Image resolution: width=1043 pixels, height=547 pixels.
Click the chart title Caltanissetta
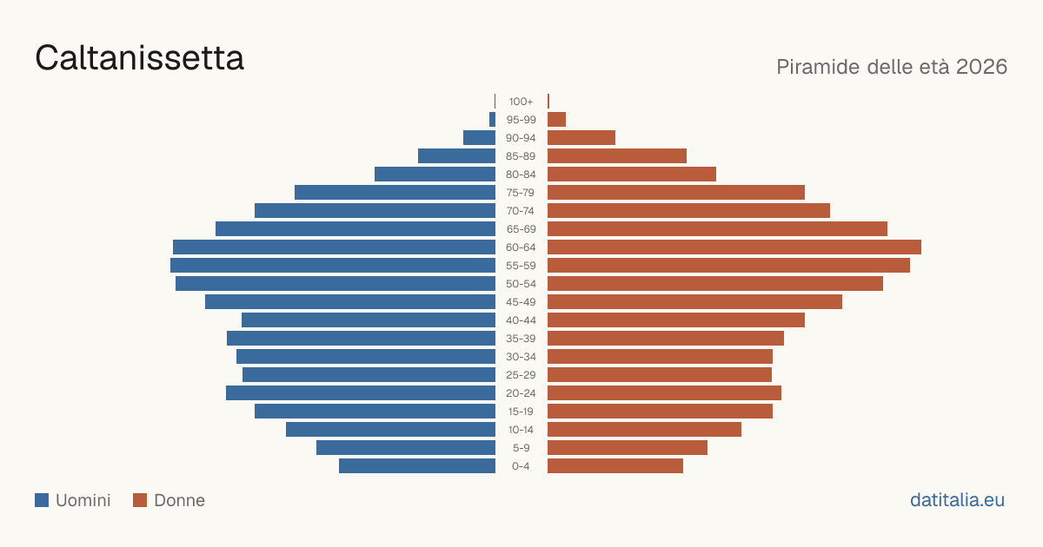pyautogui.click(x=139, y=58)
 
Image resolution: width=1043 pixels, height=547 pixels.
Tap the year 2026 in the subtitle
pyautogui.click(x=981, y=67)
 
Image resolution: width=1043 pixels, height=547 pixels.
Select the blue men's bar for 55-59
pyautogui.click(x=333, y=266)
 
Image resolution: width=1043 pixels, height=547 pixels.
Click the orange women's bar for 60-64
pyautogui.click(x=734, y=247)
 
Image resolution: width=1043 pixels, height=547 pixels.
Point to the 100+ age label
pyautogui.click(x=521, y=102)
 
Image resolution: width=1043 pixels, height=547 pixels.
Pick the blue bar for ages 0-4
pyautogui.click(x=417, y=466)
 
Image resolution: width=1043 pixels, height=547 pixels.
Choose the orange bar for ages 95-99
pyautogui.click(x=557, y=120)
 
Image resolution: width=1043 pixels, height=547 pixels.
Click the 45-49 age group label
pyautogui.click(x=521, y=302)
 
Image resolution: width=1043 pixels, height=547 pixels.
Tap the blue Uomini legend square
pyautogui.click(x=42, y=500)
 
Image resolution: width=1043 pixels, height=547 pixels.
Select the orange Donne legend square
pyautogui.click(x=140, y=500)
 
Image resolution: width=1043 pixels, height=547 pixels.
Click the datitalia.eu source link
pyautogui.click(x=957, y=500)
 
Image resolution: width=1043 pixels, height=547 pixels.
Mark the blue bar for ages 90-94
pyautogui.click(x=479, y=138)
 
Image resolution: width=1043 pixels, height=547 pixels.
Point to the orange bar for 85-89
pyautogui.click(x=617, y=155)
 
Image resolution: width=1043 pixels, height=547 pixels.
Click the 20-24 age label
pyautogui.click(x=521, y=393)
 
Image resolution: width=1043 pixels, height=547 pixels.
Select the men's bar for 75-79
pyautogui.click(x=395, y=193)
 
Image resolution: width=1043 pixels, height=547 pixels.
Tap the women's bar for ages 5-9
pyautogui.click(x=628, y=448)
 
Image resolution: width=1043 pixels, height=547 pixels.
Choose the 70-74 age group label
pyautogui.click(x=521, y=211)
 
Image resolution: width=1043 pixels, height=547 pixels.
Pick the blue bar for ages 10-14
pyautogui.click(x=390, y=429)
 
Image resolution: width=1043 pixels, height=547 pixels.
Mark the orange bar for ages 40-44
pyautogui.click(x=676, y=320)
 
